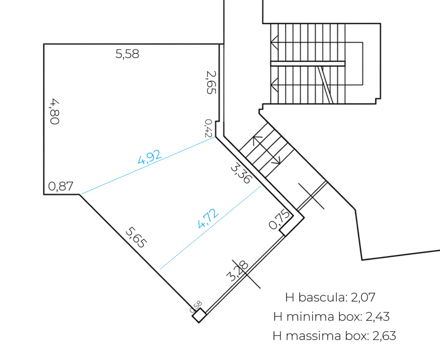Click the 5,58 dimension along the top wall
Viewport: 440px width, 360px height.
click(x=127, y=54)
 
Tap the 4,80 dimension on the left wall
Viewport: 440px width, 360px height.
click(x=55, y=111)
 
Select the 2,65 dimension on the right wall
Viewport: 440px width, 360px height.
click(x=211, y=82)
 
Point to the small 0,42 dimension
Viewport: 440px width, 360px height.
click(x=208, y=128)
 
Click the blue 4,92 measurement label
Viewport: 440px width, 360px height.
click(x=150, y=157)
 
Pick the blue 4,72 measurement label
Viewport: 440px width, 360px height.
click(x=208, y=219)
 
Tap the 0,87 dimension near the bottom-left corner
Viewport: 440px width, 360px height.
click(x=61, y=186)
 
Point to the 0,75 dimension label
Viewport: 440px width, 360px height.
click(x=279, y=219)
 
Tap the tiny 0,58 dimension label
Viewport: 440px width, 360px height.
click(x=196, y=307)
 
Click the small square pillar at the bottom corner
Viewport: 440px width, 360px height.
click(x=199, y=315)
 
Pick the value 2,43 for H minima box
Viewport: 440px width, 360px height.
click(x=378, y=317)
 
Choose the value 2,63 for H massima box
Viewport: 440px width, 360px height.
click(x=384, y=336)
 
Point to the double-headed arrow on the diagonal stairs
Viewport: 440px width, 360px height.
click(x=267, y=150)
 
